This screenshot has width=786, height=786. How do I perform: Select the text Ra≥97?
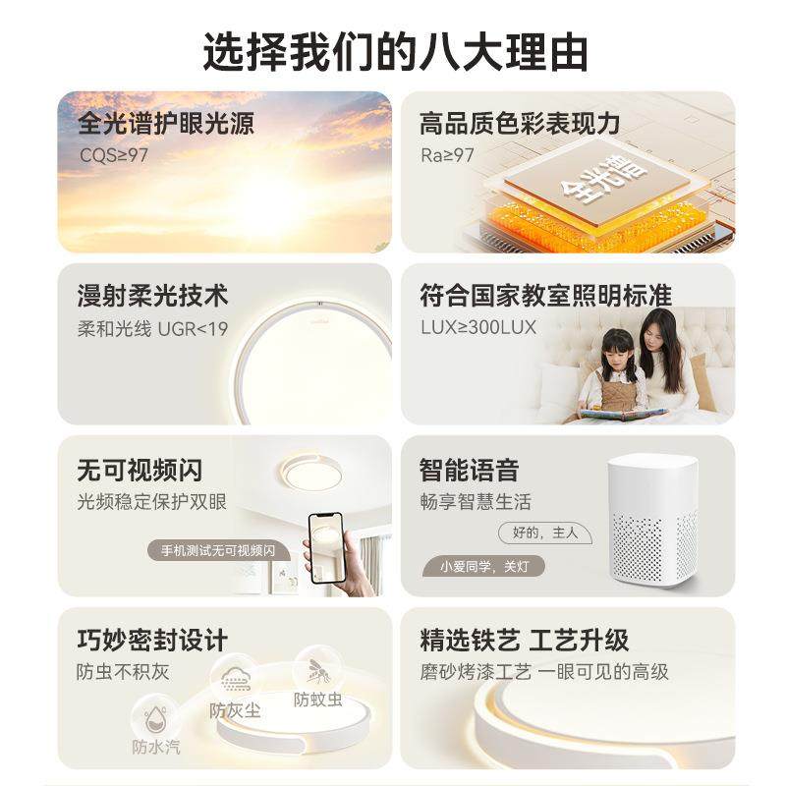447,154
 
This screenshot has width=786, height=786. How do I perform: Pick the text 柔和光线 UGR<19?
152,328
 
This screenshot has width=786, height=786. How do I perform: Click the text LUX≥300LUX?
478,327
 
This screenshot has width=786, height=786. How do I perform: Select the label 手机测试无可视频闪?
218,550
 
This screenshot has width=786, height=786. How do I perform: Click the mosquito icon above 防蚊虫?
317,671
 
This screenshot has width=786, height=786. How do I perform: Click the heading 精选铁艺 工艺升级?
524,641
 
